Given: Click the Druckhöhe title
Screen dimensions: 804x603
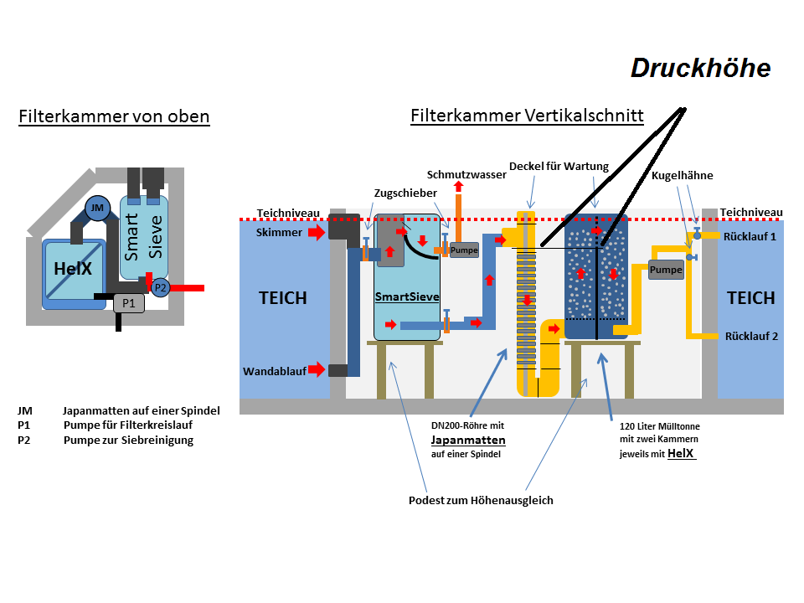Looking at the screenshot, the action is tap(700, 68).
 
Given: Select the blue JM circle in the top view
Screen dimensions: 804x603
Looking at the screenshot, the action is tap(97, 209).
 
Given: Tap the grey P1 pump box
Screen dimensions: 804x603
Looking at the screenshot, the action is tap(129, 303).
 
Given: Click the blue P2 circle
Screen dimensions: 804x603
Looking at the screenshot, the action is tap(161, 287).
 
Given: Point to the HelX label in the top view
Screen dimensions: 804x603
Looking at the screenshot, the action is tap(73, 268).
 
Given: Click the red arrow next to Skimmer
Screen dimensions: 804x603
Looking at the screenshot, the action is tap(317, 232).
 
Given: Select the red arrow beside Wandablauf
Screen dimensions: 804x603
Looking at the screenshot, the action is tap(317, 369).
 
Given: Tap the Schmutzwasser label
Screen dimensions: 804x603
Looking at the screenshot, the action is tap(466, 175).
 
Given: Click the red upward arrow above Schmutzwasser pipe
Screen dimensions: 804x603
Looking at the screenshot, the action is tap(458, 186).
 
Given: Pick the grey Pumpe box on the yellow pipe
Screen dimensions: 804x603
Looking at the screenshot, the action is tap(666, 270).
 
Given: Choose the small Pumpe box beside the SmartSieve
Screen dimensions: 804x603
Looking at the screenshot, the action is tap(464, 250).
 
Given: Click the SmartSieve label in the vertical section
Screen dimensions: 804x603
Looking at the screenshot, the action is tap(407, 296).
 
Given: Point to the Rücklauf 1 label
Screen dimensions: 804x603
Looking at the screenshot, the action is tap(750, 237).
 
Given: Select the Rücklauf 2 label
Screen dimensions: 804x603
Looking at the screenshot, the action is tap(751, 337).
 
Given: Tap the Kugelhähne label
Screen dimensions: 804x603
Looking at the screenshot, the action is tap(682, 175).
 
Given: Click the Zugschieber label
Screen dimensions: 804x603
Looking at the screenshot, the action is tap(405, 193).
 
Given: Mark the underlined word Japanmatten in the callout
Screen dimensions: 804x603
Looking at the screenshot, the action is tap(468, 440).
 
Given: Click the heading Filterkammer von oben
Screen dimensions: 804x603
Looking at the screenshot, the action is tap(115, 116).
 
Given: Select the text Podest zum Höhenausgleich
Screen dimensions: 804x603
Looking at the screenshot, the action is tap(481, 501).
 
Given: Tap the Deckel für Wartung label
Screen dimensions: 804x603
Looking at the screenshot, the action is tap(559, 166).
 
